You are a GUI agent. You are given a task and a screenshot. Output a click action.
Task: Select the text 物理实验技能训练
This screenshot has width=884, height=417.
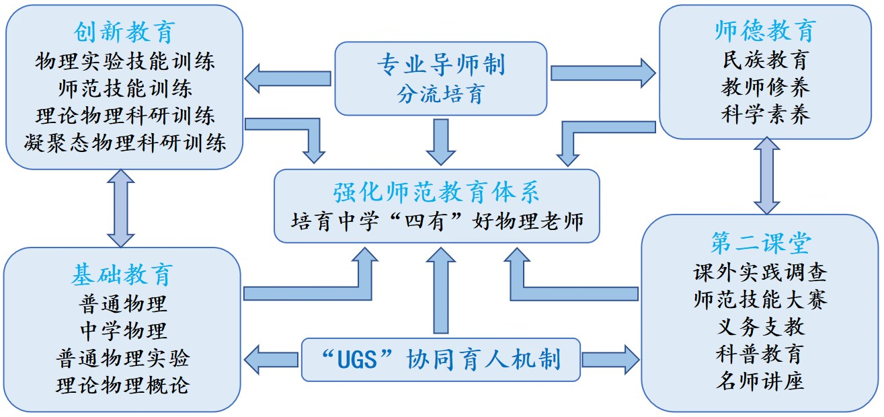point(125,62)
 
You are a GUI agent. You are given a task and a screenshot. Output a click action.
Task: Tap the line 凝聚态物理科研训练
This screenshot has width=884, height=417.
point(125,143)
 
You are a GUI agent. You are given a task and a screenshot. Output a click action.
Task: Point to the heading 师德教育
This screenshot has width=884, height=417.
point(765,31)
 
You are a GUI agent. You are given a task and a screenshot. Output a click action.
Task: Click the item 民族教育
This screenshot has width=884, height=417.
point(765,60)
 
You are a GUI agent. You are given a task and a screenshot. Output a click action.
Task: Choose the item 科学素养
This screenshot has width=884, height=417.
point(765,114)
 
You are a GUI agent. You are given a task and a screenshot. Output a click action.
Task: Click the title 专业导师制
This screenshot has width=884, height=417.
point(440,65)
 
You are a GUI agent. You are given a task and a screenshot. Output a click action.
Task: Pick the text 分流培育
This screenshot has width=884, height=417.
point(440,93)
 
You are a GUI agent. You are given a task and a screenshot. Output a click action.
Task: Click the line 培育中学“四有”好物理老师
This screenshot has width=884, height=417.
point(436,220)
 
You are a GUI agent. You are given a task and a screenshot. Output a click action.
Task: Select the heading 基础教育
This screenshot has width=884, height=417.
point(122,274)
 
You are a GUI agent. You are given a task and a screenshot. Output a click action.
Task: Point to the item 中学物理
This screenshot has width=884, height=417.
point(122,330)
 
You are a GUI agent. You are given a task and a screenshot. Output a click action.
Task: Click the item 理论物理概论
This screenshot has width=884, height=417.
point(122,385)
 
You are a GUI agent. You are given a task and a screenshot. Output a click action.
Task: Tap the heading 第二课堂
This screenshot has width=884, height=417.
point(760,243)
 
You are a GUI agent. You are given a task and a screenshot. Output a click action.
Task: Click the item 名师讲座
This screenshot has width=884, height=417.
point(760,381)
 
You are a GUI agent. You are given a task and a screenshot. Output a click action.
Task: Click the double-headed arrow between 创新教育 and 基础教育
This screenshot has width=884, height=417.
point(122,207)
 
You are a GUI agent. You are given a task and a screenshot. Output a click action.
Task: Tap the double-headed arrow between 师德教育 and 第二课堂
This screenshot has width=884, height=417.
point(766,176)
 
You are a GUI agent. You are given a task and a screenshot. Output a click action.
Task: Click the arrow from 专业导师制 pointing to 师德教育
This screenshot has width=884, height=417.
point(602,72)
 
